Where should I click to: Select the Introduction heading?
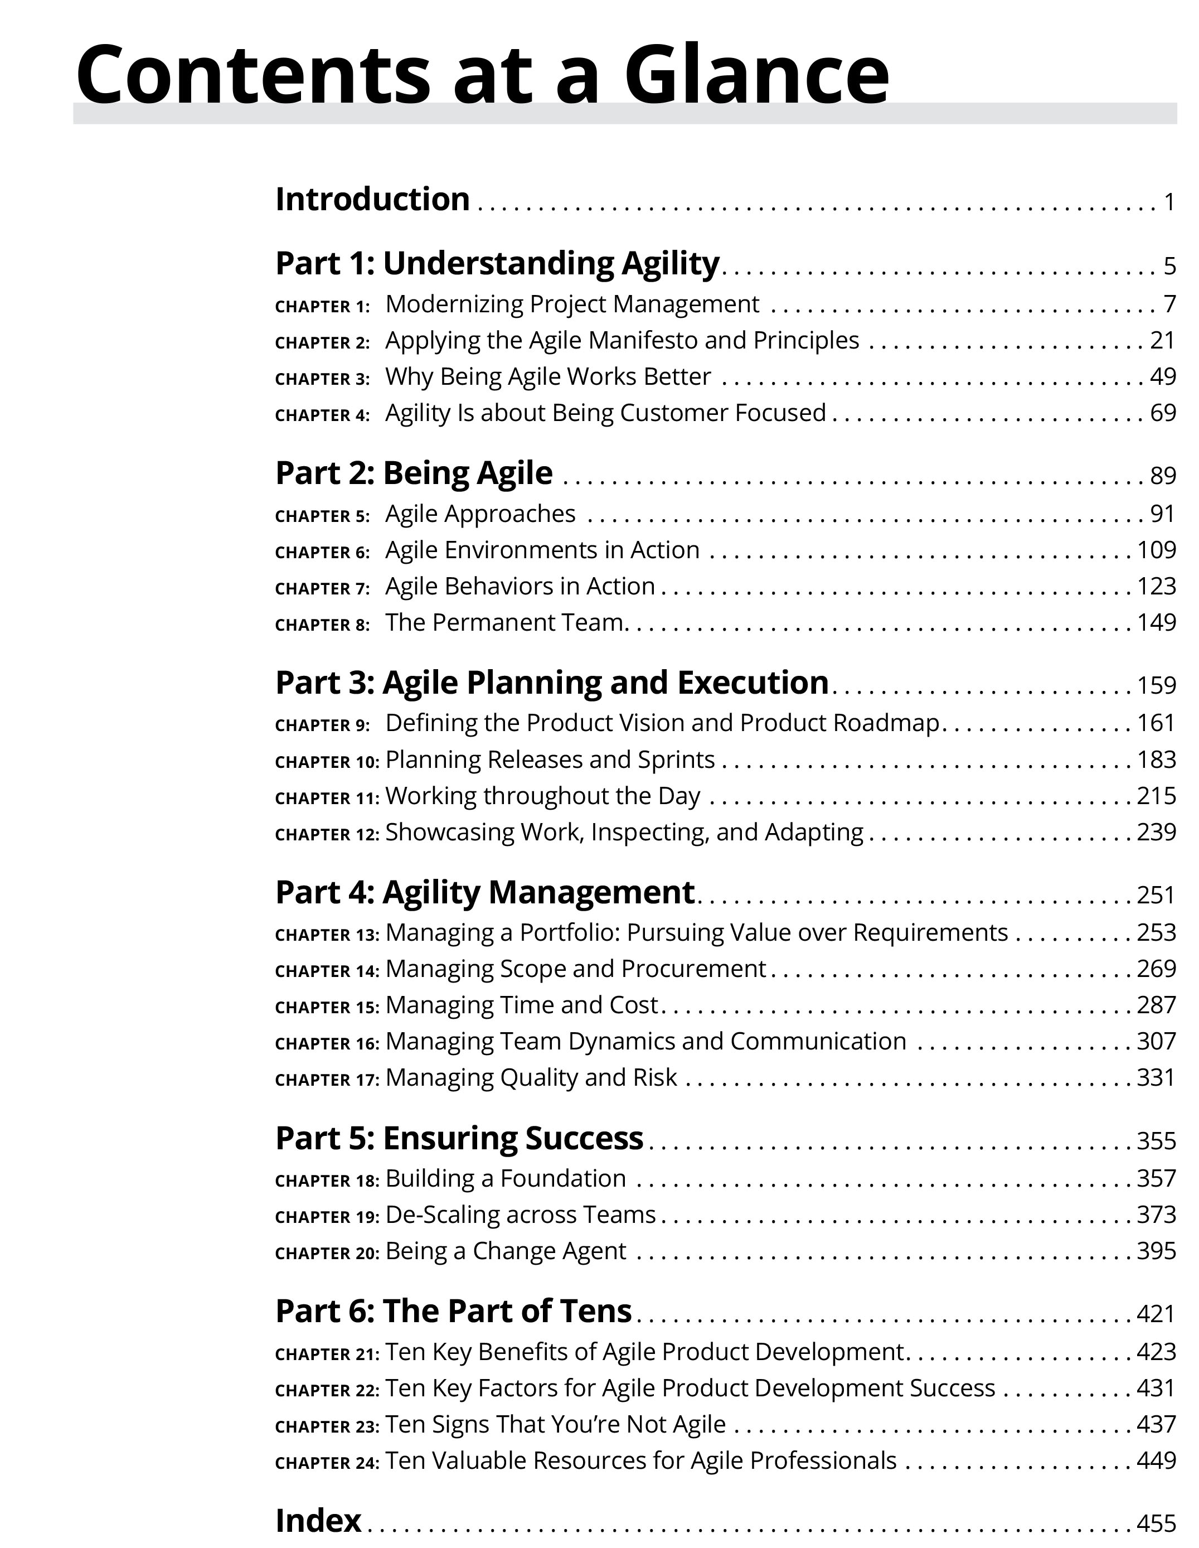pyautogui.click(x=372, y=199)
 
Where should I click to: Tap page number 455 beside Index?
pyautogui.click(x=1156, y=1522)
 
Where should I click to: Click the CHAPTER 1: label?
pyautogui.click(x=322, y=307)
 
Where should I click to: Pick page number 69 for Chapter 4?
pyautogui.click(x=1163, y=413)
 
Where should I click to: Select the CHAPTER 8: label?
pyautogui.click(x=322, y=625)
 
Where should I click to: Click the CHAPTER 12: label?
pyautogui.click(x=327, y=835)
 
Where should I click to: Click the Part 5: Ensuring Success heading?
pyautogui.click(x=459, y=1138)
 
